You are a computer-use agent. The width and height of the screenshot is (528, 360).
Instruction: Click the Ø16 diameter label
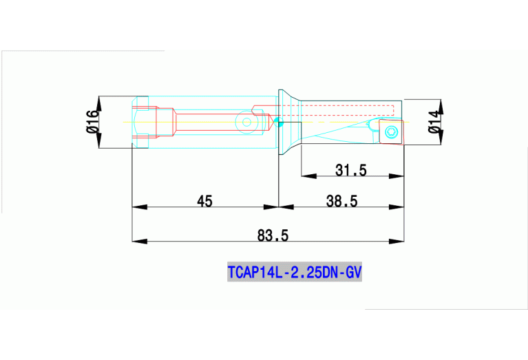[92, 122]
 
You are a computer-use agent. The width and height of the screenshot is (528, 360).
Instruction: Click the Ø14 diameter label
[433, 121]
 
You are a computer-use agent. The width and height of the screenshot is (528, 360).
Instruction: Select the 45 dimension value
[204, 201]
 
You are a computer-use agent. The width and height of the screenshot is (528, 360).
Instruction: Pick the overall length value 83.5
[273, 235]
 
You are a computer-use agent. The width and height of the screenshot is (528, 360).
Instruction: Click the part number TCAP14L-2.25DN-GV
[294, 273]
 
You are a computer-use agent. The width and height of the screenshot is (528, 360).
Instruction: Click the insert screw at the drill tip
[392, 131]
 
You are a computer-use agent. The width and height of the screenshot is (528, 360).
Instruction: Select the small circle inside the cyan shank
[246, 123]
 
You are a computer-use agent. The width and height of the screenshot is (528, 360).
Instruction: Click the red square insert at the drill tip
[390, 131]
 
